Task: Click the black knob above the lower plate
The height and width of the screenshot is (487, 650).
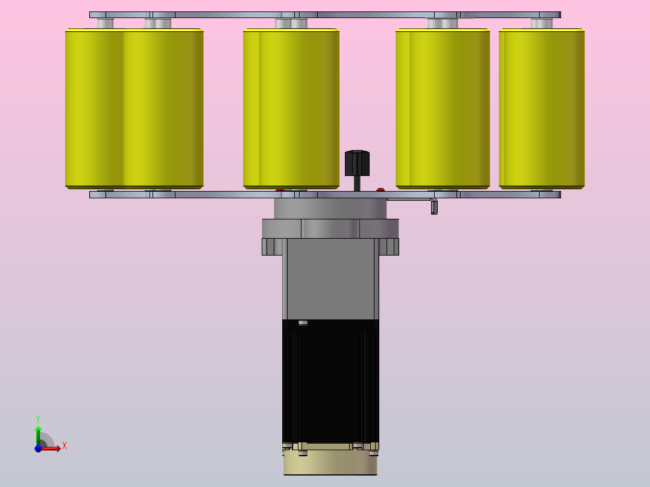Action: point(357,163)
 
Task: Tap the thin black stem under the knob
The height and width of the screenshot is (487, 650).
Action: point(357,184)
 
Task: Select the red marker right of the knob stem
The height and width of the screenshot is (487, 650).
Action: point(380,190)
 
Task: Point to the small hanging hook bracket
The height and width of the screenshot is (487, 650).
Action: point(434,206)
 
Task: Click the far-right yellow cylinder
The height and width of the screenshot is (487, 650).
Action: point(541,108)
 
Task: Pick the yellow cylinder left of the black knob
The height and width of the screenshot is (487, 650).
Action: point(291,108)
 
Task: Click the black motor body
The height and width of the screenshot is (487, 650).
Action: point(330,382)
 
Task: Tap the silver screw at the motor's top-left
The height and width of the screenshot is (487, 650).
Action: point(303,322)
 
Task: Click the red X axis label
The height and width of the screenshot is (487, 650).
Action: point(65,446)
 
